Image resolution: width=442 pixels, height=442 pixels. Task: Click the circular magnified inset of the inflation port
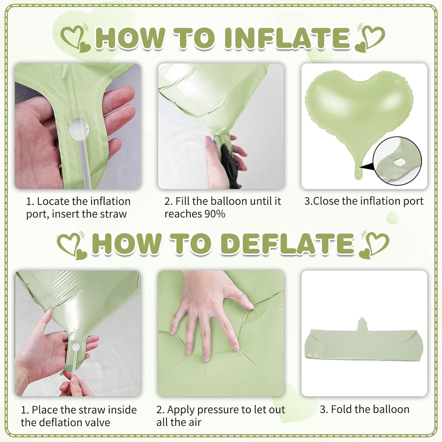point(397,161)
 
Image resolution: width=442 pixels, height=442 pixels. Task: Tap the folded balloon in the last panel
point(364,347)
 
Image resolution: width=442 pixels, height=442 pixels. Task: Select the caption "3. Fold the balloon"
point(365,409)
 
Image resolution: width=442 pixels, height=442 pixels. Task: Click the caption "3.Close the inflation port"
point(364,201)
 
